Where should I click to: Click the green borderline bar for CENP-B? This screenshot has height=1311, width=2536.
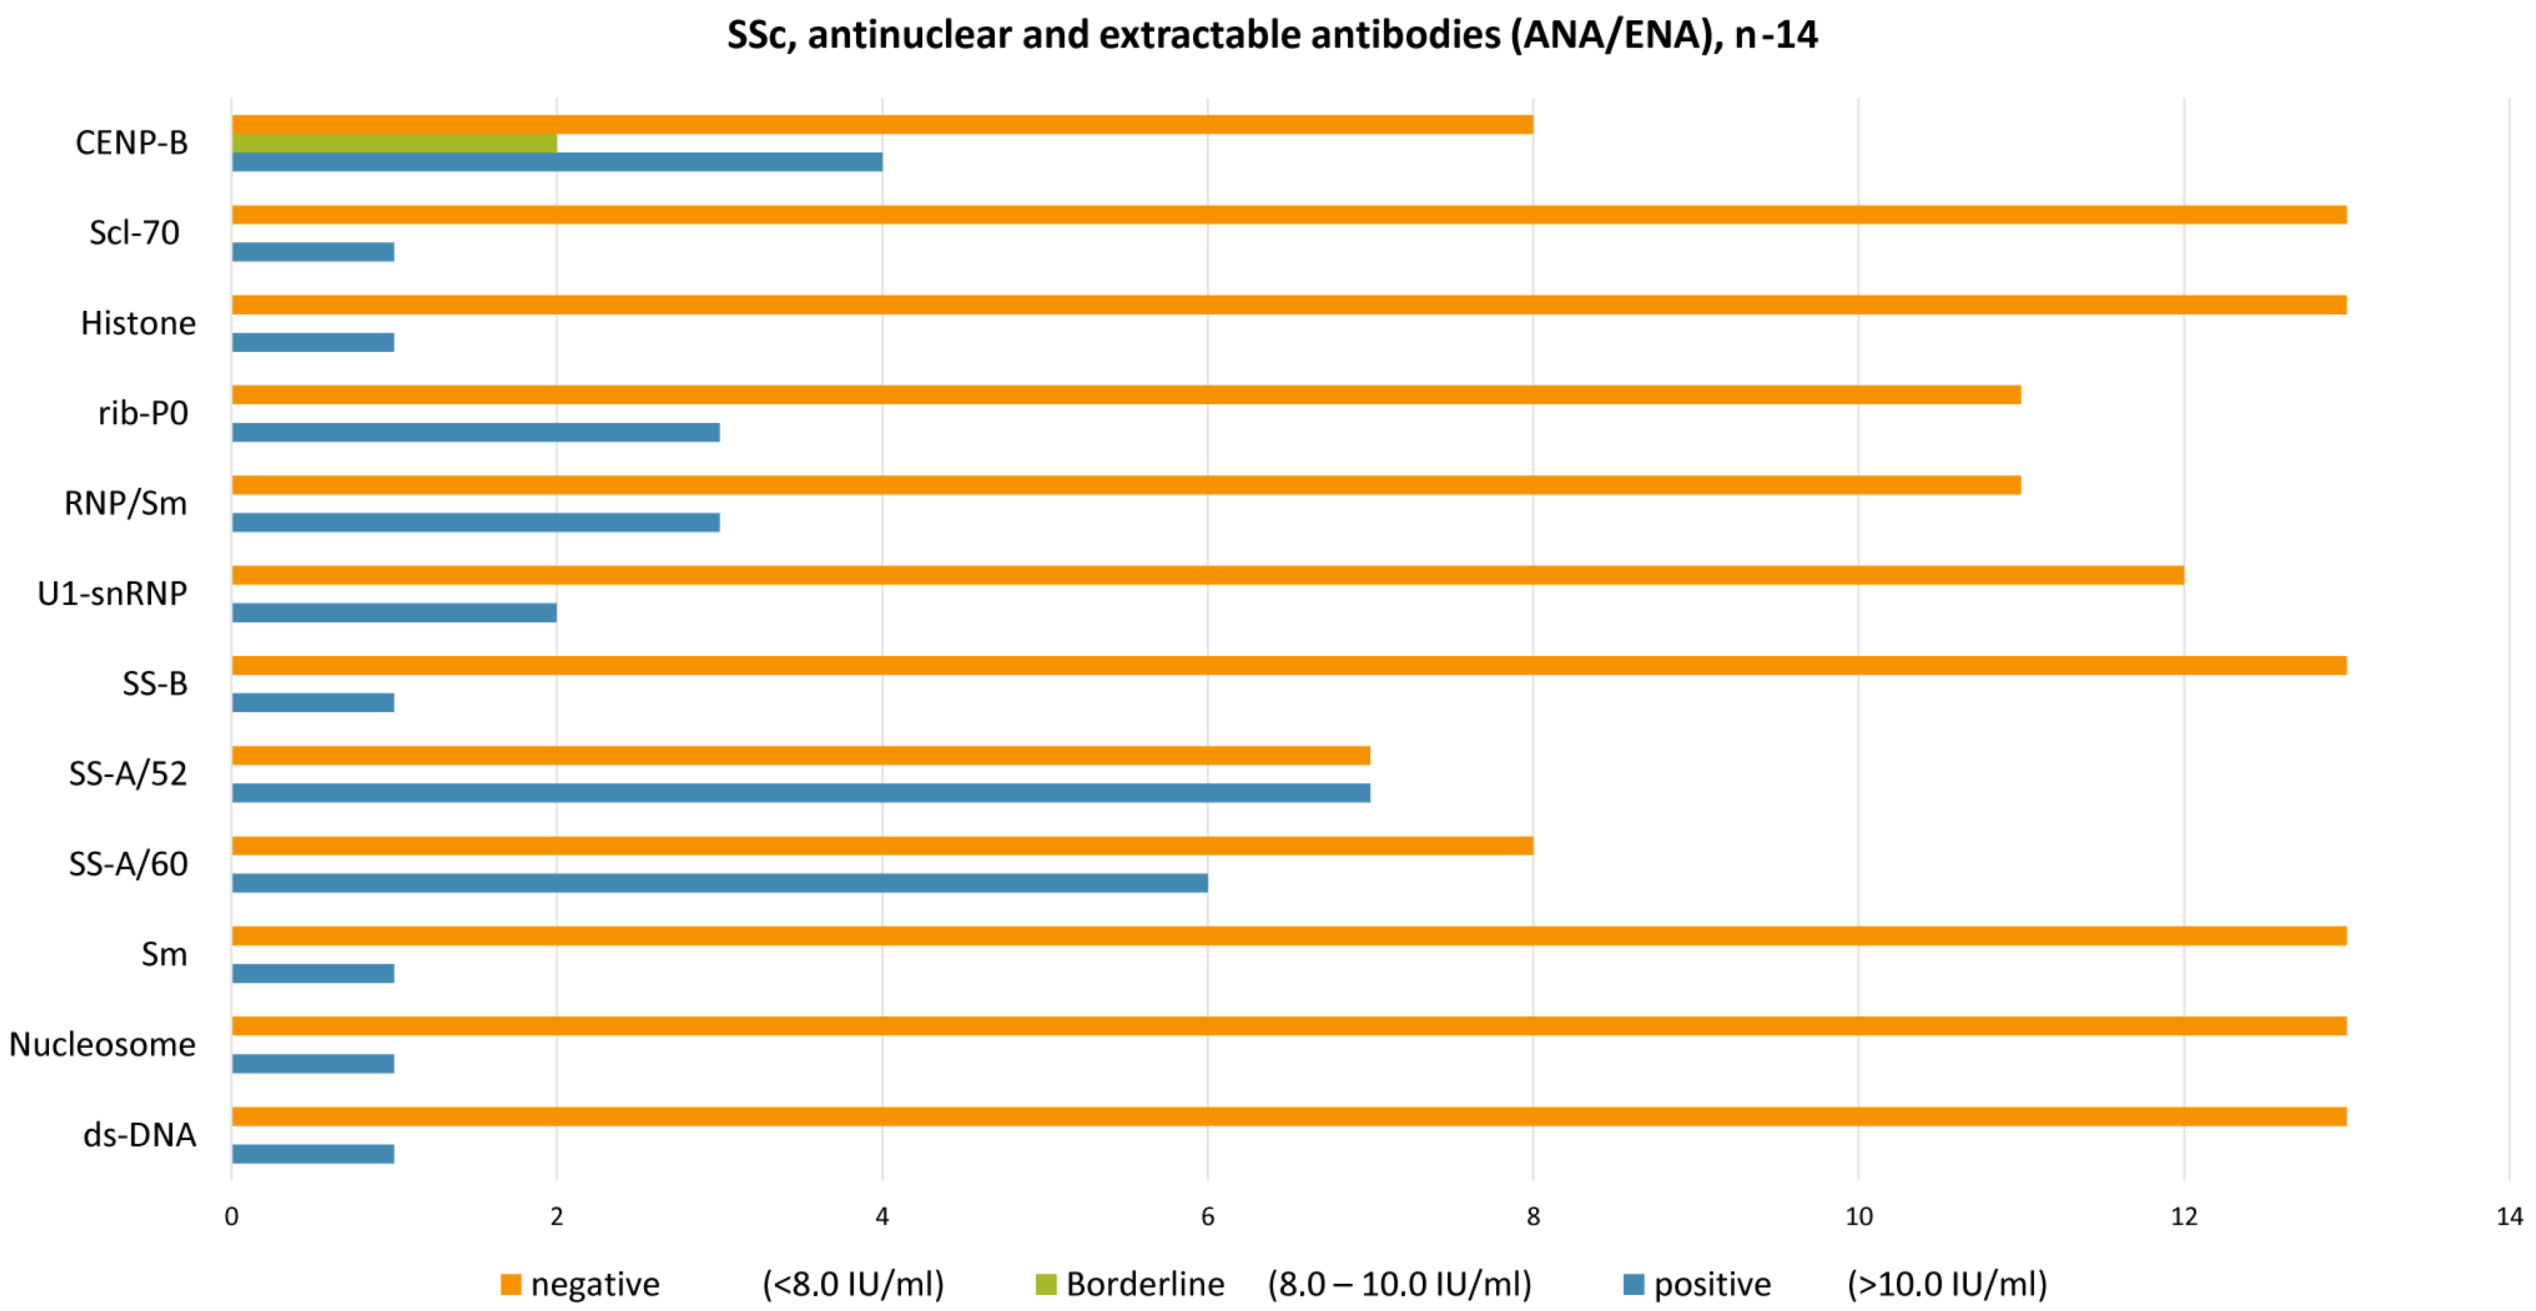tap(393, 143)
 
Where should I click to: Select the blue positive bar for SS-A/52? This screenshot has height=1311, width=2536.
tap(800, 792)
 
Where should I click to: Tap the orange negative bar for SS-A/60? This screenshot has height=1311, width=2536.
tap(882, 846)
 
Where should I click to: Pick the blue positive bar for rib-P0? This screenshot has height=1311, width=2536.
tap(475, 432)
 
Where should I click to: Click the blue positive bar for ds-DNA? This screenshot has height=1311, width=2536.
tap(313, 1154)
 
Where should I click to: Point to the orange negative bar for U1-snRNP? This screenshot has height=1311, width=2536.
tap(1207, 575)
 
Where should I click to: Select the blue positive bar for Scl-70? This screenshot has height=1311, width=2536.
tap(313, 252)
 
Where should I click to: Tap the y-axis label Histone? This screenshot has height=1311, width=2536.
tap(138, 323)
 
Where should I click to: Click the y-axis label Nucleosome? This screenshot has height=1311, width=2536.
tap(102, 1044)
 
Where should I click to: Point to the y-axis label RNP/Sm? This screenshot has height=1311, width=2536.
tap(125, 503)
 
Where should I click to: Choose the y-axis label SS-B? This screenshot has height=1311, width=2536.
tap(155, 683)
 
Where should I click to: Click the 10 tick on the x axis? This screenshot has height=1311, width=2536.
tap(1858, 1217)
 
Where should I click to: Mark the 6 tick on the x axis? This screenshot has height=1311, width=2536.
tap(1207, 1217)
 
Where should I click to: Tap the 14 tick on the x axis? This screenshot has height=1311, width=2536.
tap(2509, 1217)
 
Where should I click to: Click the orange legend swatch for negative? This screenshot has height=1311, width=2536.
tap(510, 1284)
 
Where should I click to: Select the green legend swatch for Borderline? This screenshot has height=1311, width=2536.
tap(1045, 1284)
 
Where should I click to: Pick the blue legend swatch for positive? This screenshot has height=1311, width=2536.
tap(1633, 1284)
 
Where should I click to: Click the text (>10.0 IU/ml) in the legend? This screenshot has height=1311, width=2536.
tap(1946, 1284)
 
